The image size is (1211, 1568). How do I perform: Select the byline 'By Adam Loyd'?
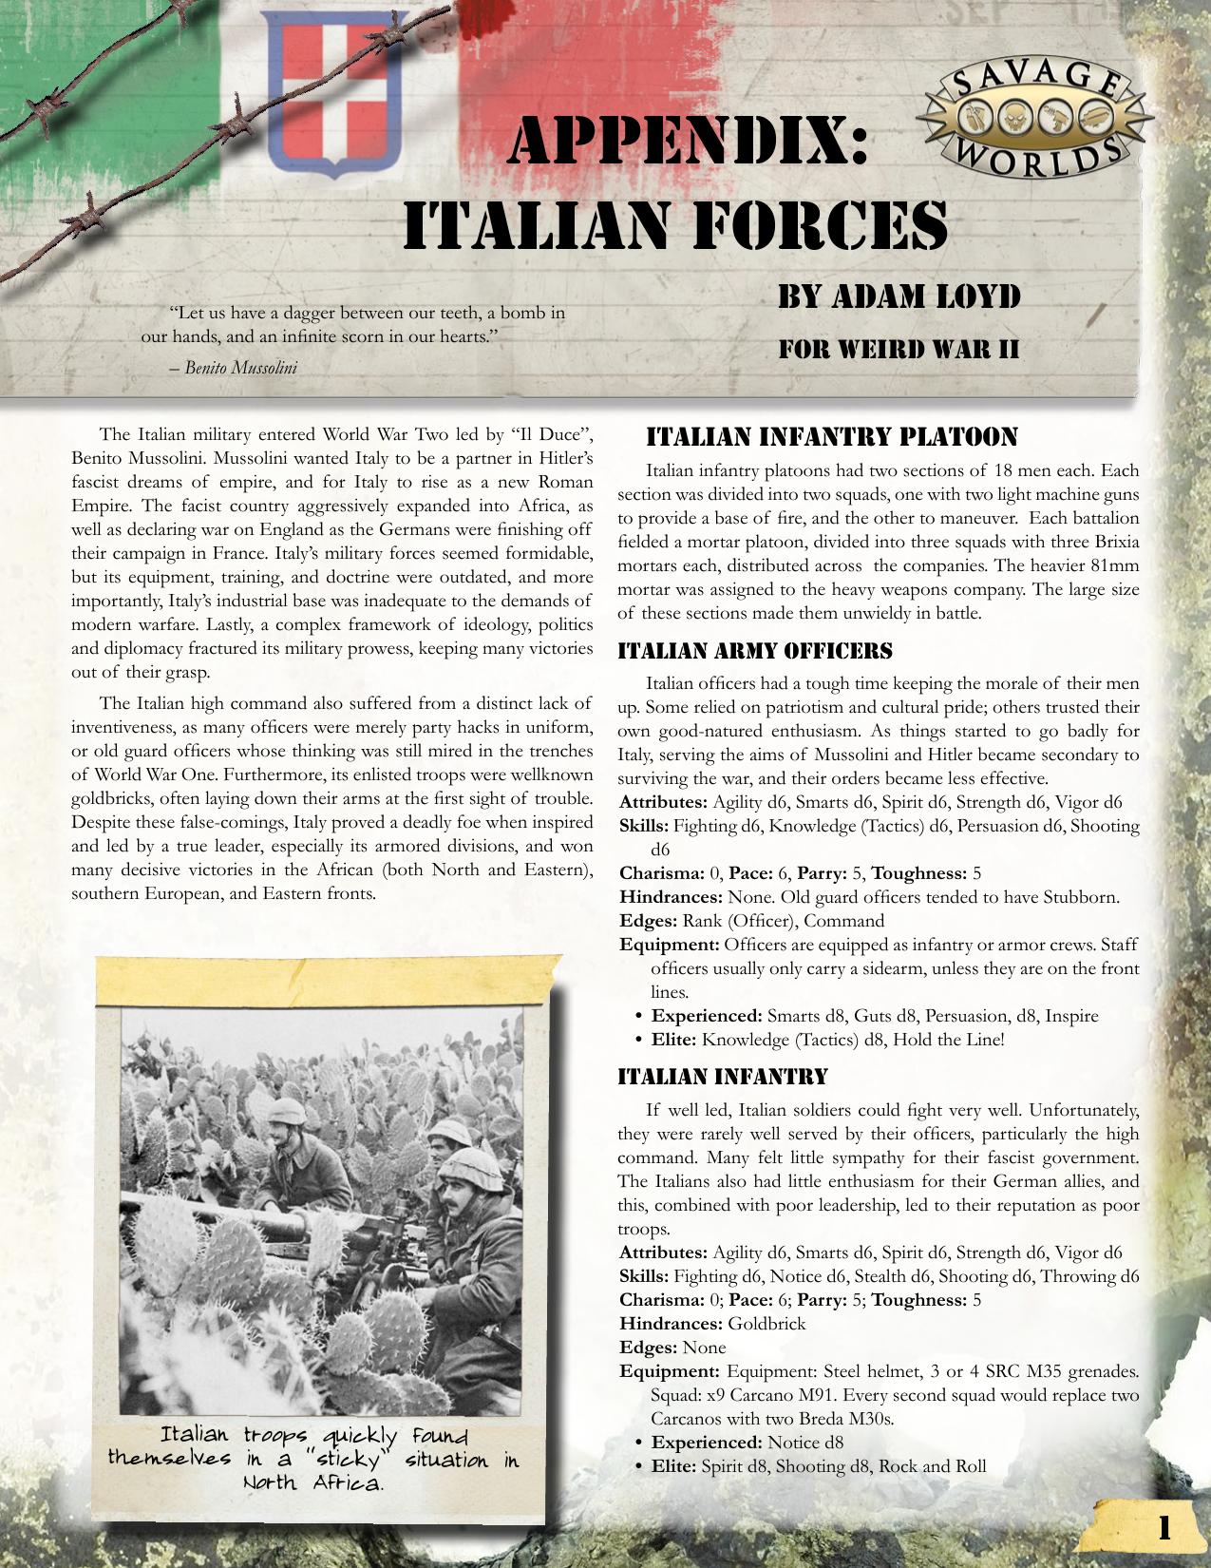click(899, 296)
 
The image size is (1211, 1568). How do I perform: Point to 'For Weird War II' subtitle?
click(899, 349)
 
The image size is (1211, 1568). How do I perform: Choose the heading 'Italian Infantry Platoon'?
click(831, 437)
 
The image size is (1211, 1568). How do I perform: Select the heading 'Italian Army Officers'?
click(755, 651)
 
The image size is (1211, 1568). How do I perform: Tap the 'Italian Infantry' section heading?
click(722, 1077)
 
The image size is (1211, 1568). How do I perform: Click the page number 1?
click(1164, 1527)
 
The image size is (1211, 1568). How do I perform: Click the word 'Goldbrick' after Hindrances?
click(766, 1324)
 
